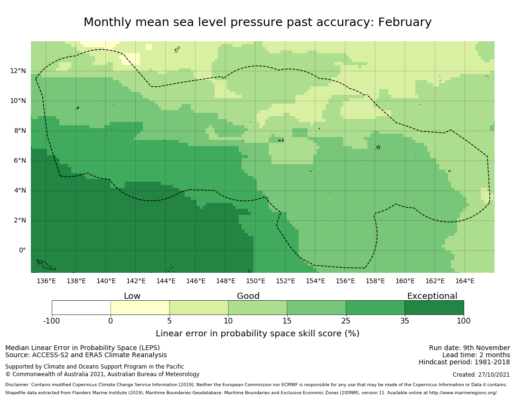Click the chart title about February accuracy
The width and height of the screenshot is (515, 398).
point(257,22)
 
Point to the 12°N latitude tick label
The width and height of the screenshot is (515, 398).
point(18,71)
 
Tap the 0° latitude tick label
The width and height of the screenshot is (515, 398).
point(22,250)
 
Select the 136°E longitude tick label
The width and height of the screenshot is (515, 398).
point(46,281)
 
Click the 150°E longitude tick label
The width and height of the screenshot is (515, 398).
point(255,281)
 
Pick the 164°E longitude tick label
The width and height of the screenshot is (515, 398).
point(465,281)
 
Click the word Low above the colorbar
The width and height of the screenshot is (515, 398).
point(132,296)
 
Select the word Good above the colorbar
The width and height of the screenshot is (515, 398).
point(248,296)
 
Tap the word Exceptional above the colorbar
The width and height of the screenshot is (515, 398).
point(432,296)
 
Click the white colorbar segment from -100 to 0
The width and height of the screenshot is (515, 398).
point(81,307)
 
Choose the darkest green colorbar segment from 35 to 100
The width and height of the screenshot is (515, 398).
point(434,307)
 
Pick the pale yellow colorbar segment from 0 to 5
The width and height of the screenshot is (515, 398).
point(140,307)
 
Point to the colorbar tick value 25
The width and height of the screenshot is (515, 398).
point(346,321)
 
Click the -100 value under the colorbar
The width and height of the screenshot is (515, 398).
point(52,321)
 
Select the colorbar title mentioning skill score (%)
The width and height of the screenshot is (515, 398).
point(257,333)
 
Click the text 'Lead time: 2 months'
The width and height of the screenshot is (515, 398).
point(476,355)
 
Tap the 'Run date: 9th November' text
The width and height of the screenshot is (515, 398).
point(469,348)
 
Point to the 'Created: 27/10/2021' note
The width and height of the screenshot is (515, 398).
point(481,375)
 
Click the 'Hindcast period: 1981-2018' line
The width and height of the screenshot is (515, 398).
point(464,362)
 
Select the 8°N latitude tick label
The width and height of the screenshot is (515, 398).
point(20,131)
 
